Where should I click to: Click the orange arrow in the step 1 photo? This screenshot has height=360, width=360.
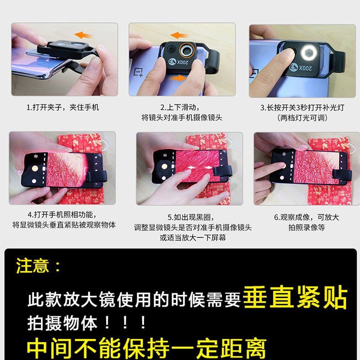tap(83, 35)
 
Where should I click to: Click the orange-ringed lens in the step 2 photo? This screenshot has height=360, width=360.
tap(187, 50)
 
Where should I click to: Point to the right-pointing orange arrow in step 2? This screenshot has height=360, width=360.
tap(178, 77)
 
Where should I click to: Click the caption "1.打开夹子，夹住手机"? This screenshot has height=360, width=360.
tap(63, 107)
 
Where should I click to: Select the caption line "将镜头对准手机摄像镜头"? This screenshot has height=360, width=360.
tap(182, 118)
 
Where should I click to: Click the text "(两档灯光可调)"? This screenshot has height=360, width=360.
tap(302, 118)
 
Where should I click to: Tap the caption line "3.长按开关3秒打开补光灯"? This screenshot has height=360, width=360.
tap(302, 108)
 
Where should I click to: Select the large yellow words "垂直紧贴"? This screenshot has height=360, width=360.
tap(295, 297)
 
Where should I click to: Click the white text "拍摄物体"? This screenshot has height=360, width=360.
tap(62, 323)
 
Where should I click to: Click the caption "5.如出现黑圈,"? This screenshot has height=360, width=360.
tap(191, 217)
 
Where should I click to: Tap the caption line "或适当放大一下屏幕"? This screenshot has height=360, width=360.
tap(193, 237)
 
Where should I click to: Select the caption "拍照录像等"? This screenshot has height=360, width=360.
tap(307, 227)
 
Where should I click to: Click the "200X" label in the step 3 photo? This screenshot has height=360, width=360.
tap(305, 68)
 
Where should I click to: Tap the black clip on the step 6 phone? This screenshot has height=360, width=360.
tap(342, 174)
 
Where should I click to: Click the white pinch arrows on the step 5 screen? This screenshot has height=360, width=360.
tap(199, 168)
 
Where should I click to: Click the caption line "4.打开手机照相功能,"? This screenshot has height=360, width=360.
tap(62, 215)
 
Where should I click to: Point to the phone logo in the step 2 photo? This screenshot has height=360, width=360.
tap(139, 72)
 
